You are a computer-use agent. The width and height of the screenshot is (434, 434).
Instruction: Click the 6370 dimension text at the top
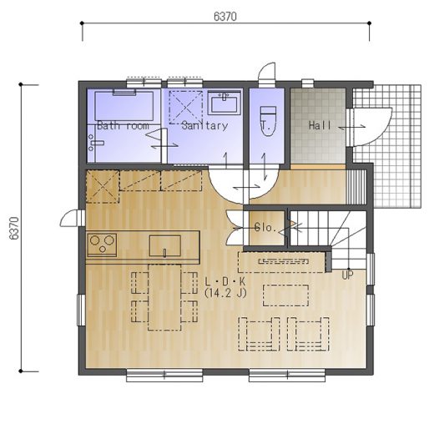coord(225,17)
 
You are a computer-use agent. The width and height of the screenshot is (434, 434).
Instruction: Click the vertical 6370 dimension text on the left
coord(14,228)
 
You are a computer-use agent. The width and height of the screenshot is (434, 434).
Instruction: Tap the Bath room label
coord(123,126)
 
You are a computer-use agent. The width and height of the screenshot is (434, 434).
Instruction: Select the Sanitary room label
coord(204,126)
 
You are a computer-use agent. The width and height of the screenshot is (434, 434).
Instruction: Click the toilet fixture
coord(268,121)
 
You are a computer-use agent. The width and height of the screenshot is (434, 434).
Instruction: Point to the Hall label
coord(320,125)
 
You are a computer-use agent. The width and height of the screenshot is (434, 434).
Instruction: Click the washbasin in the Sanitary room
coord(224,103)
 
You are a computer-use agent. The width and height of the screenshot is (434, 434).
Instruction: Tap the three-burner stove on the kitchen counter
coord(102,245)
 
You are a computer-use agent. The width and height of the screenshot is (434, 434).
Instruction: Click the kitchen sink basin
coord(165,245)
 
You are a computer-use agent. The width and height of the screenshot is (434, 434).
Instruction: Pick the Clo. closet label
coord(265,228)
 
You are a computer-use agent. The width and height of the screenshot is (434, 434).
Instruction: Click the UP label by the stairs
coord(347,275)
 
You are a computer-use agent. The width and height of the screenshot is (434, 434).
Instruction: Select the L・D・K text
coord(225,281)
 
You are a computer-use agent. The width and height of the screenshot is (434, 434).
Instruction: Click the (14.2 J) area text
coord(225,293)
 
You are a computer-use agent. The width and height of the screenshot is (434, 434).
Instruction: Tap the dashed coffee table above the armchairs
coord(285,295)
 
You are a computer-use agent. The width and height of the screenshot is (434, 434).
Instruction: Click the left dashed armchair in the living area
coord(259,334)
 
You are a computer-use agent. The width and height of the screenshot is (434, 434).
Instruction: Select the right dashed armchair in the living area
coord(308,334)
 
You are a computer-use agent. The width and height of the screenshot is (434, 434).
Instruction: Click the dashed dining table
coord(164,297)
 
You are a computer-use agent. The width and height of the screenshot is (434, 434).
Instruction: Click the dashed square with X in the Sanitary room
coord(185,107)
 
